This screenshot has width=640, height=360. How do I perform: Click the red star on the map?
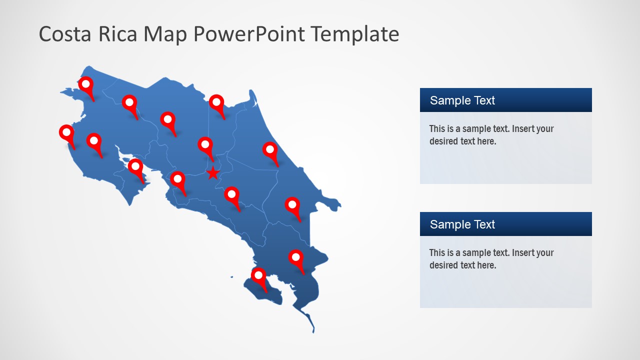(213, 173)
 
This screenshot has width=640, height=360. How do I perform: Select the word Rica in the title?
(121, 34)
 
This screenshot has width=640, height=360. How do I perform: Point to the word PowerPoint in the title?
(248, 34)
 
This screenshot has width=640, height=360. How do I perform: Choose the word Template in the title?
(354, 34)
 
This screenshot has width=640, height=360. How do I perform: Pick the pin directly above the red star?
(205, 145)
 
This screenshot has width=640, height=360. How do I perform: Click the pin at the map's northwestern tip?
(86, 85)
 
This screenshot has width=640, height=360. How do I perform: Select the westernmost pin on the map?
(66, 133)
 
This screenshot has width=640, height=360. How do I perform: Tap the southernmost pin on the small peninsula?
(258, 276)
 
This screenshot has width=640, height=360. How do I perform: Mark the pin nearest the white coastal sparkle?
(216, 103)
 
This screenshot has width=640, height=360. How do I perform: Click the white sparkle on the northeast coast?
(255, 103)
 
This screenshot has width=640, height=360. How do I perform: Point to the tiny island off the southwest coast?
(232, 276)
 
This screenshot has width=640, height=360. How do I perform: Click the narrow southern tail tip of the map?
(313, 330)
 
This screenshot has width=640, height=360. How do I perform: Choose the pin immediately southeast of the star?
(231, 195)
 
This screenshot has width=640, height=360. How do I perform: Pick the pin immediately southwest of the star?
(177, 179)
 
